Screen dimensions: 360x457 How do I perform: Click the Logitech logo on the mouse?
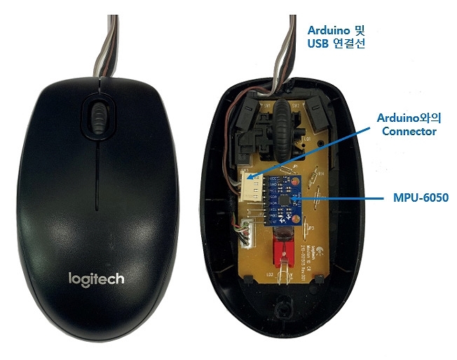[96, 279]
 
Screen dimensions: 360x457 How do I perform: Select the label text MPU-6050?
[421, 198]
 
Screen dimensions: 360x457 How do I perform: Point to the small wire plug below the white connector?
[246, 230]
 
